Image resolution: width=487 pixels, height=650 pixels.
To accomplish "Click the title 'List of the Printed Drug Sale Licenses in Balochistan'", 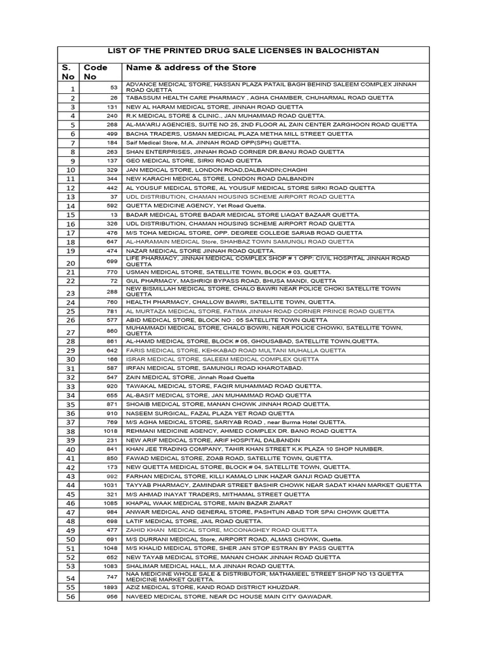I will point(243,51).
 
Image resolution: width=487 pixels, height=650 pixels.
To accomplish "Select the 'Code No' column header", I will point(96,72).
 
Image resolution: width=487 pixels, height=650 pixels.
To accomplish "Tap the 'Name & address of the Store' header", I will point(191,67).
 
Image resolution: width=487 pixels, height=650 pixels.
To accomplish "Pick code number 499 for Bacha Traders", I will point(112,134).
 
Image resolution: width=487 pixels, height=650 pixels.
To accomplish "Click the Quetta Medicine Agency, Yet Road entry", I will point(197,206).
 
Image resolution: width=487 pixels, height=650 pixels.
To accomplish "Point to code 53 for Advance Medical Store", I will point(114,88).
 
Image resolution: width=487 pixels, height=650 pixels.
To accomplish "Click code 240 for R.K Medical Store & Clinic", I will point(112,116).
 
